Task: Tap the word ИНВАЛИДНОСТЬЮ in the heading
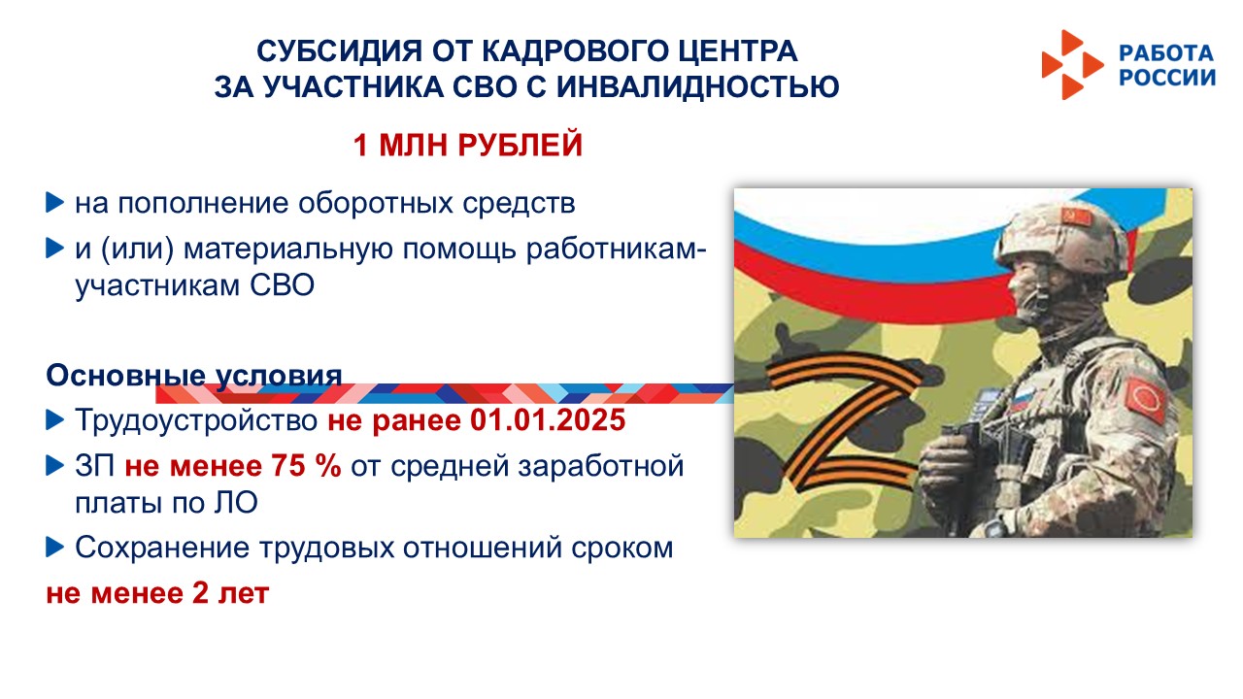697,87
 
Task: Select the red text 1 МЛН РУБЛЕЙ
468,145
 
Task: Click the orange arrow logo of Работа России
1072,65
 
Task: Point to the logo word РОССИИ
1167,78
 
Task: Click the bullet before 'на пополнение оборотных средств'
54,203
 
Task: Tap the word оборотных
376,204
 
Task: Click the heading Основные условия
193,376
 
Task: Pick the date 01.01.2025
548,420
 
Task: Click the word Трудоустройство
196,420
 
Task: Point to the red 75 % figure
306,465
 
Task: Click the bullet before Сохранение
54,548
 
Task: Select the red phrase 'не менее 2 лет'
157,593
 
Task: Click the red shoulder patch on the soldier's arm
1147,398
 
